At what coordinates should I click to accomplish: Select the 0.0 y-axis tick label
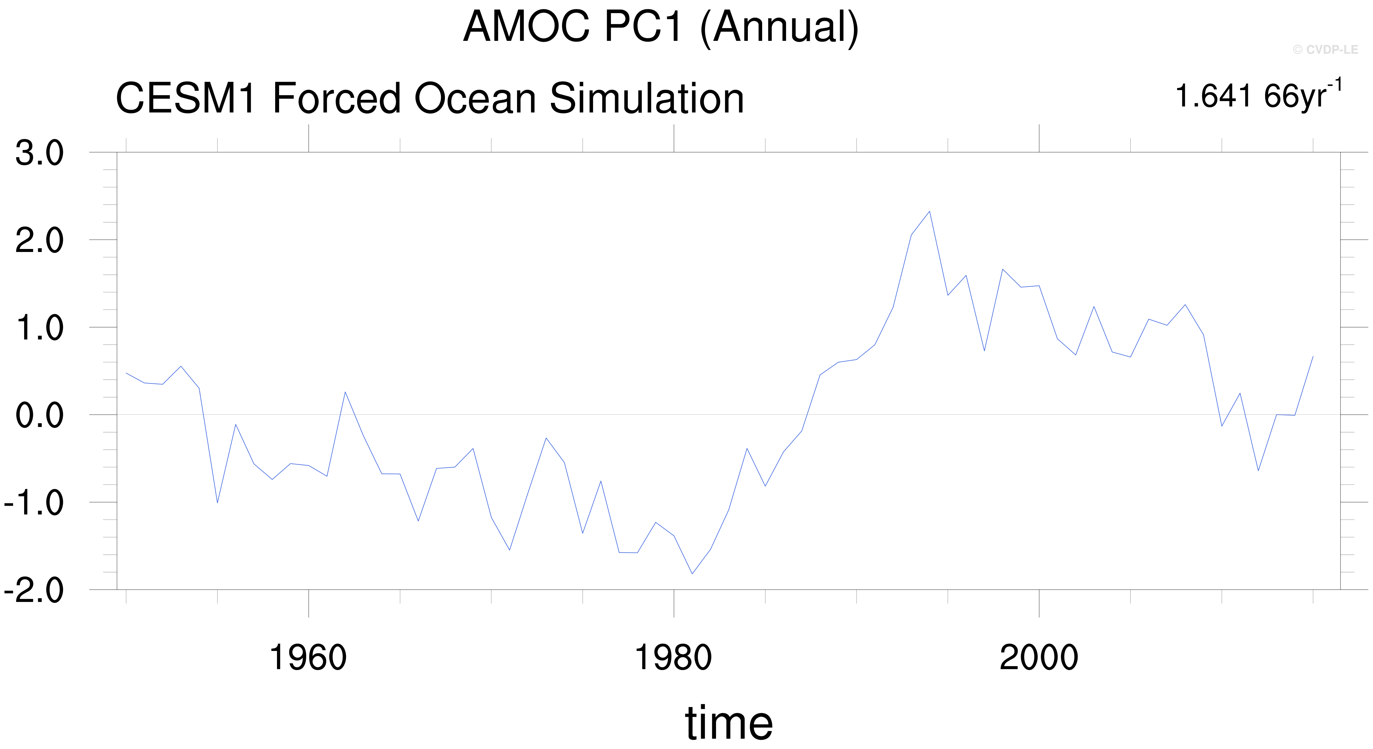[39, 416]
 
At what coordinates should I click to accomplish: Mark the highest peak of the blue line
[930, 211]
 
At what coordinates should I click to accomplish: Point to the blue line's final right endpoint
[1313, 356]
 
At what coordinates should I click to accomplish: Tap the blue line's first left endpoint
[126, 373]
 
